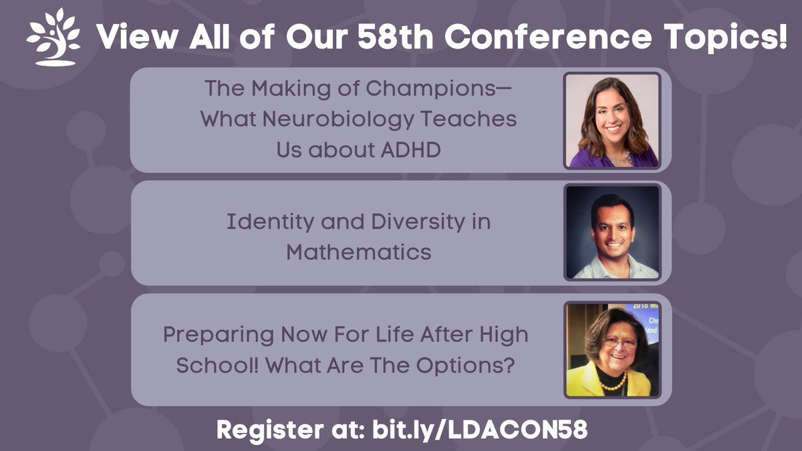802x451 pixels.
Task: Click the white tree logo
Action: (53, 37)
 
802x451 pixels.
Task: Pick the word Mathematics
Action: (359, 253)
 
